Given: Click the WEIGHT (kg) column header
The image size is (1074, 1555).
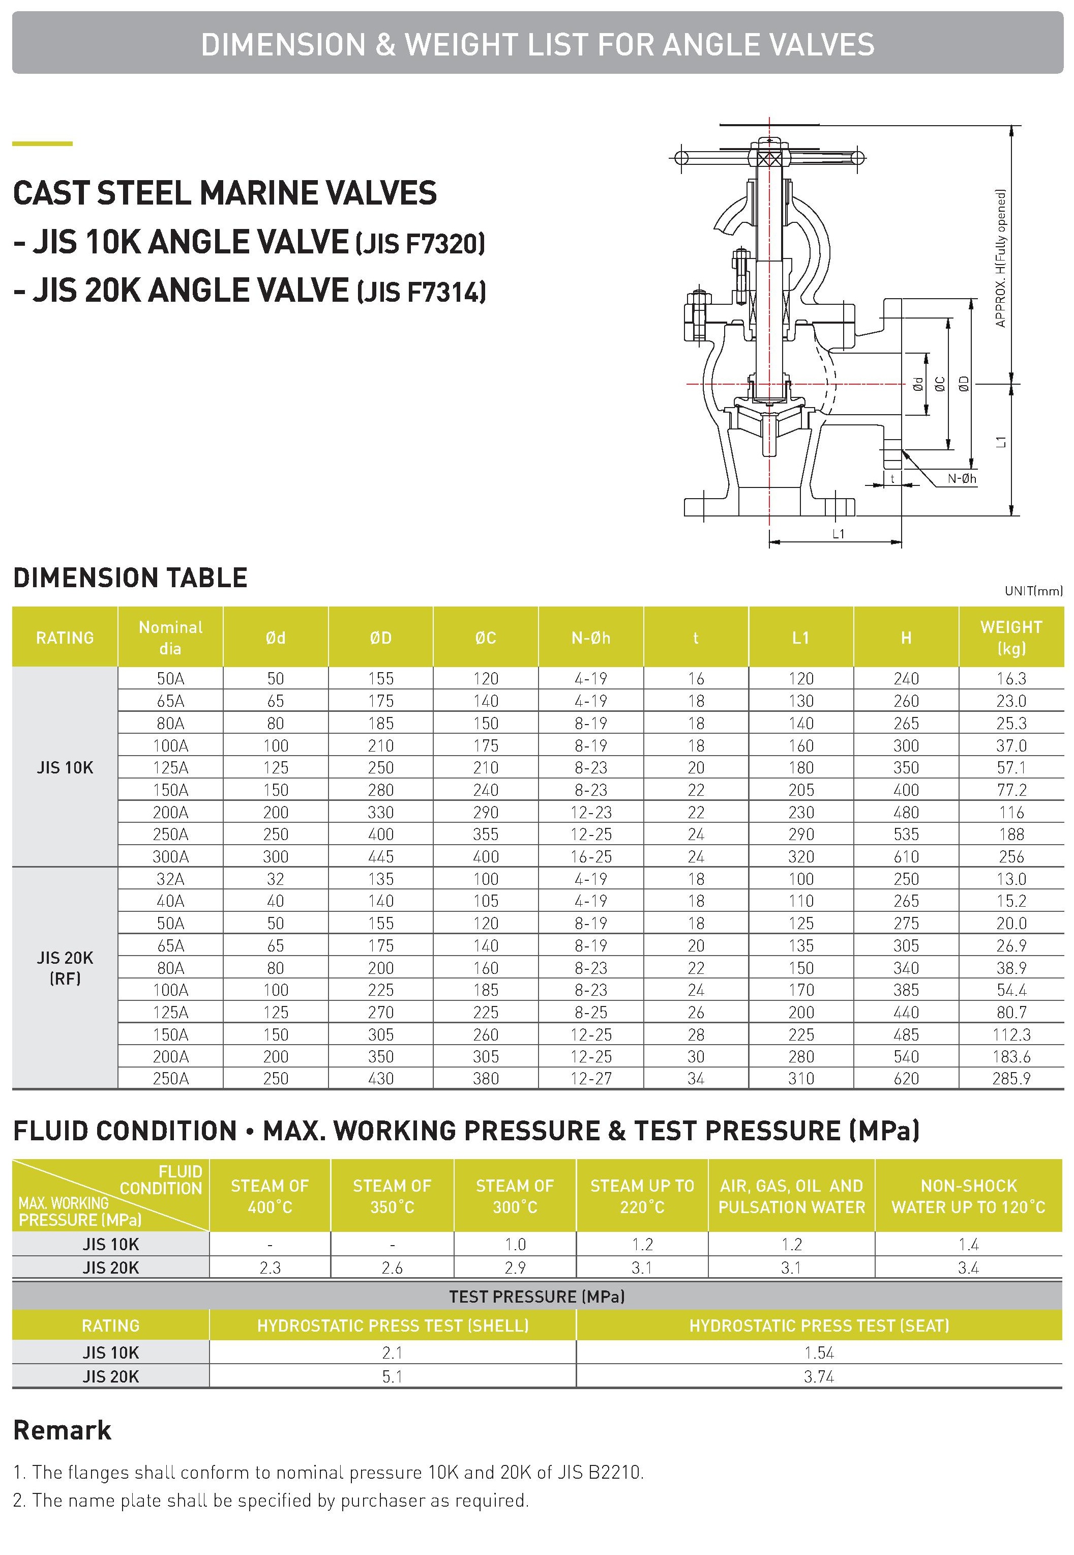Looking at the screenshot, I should click(1011, 637).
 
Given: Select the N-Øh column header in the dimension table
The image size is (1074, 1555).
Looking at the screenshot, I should click(590, 638).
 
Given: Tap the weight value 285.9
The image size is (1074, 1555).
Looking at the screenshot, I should click(1011, 1078).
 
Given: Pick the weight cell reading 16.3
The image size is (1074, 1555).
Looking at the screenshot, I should click(1011, 679).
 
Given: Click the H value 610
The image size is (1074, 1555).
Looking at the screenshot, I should click(906, 856).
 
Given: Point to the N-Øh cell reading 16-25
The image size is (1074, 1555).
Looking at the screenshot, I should click(590, 856).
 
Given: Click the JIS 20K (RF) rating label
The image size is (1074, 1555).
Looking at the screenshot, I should click(65, 967).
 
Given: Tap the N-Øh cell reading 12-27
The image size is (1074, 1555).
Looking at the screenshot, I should click(590, 1078).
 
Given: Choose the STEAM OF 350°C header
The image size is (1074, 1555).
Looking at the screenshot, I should click(392, 1196).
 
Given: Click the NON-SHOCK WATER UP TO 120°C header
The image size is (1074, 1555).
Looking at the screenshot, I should click(968, 1196).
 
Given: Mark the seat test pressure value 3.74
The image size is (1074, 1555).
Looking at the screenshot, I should click(818, 1376).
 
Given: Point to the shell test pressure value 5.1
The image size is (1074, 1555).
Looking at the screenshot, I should click(392, 1376).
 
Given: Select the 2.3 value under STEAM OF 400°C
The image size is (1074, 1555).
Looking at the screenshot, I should click(270, 1268).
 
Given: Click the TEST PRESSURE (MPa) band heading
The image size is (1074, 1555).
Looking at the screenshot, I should click(536, 1297).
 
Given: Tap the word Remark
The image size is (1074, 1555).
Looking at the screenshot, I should click(62, 1430).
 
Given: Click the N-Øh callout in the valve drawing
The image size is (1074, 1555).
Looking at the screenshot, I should click(962, 479).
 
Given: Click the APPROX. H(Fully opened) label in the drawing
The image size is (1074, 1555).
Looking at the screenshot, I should click(1001, 258).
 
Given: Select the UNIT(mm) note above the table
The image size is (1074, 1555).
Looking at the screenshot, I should click(1033, 591).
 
